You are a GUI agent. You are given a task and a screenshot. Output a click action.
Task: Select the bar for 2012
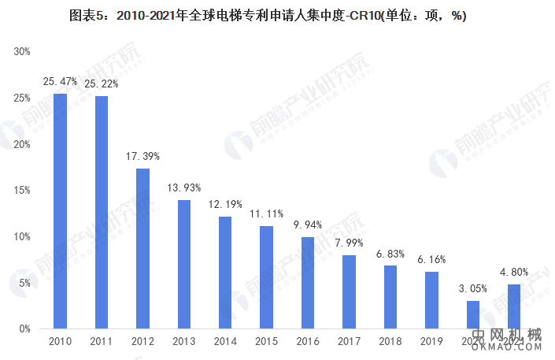(x=142, y=248)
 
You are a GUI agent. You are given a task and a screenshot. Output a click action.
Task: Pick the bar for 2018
(x=390, y=297)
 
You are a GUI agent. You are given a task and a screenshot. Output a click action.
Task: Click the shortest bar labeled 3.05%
(x=472, y=314)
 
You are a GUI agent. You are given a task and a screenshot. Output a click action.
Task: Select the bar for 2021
(x=513, y=306)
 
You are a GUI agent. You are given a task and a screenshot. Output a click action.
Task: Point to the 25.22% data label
(x=102, y=84)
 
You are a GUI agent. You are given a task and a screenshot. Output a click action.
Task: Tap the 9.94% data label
(x=308, y=225)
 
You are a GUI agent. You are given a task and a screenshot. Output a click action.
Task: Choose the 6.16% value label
(x=431, y=259)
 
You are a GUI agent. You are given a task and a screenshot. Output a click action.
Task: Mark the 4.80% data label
(x=514, y=272)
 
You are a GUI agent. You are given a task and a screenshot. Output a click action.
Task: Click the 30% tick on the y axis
(x=21, y=51)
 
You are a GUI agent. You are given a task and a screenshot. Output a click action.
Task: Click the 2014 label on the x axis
(x=225, y=341)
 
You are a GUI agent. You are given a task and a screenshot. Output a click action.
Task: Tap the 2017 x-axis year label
(x=349, y=341)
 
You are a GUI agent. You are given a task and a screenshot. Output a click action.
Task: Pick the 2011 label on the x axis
(x=102, y=341)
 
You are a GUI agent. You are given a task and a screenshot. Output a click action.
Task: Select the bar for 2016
(x=308, y=283)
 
